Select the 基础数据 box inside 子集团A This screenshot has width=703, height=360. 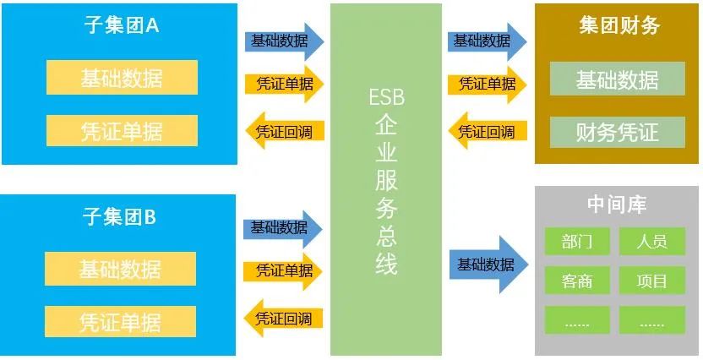click(x=122, y=79)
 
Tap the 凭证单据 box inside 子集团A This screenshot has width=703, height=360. click(x=122, y=131)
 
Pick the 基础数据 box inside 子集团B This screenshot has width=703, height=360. click(x=120, y=270)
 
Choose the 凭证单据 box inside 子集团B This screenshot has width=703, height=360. click(x=120, y=322)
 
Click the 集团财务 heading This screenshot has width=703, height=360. click(x=619, y=25)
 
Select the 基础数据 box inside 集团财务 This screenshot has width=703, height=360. click(x=617, y=79)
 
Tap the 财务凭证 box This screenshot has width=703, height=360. click(x=617, y=132)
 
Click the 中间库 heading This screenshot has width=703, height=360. click(x=617, y=205)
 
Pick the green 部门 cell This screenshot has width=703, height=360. click(x=576, y=242)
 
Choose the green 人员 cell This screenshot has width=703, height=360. click(x=652, y=242)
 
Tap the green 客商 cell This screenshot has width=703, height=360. click(x=576, y=281)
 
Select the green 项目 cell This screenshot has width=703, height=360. click(x=652, y=281)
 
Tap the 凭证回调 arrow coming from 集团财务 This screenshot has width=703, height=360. click(x=487, y=132)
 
